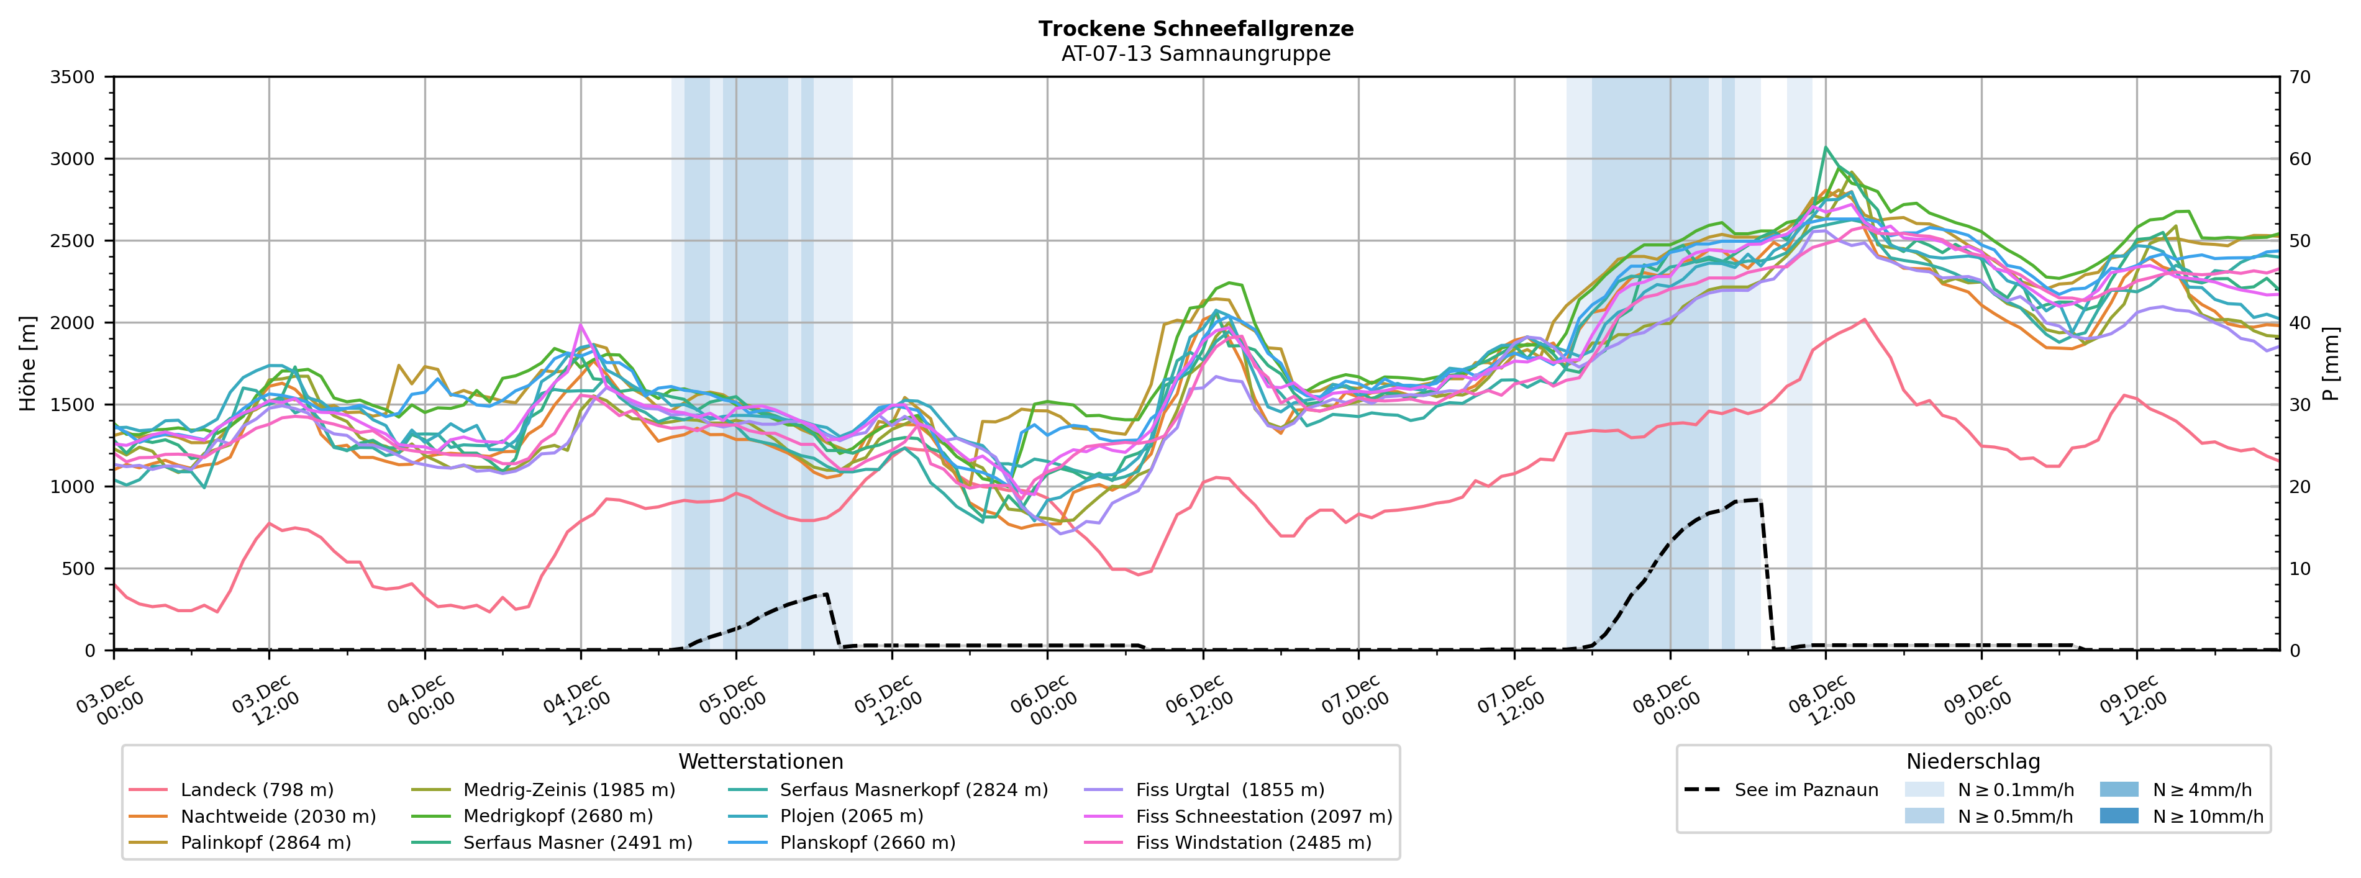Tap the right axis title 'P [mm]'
click(x=2331, y=364)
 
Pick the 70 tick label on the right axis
click(x=2300, y=77)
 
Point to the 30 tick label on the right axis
click(x=2300, y=405)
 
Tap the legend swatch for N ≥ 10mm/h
click(x=2118, y=817)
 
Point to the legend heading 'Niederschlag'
click(x=1972, y=762)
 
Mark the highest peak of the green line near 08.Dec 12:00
click(x=1826, y=147)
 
